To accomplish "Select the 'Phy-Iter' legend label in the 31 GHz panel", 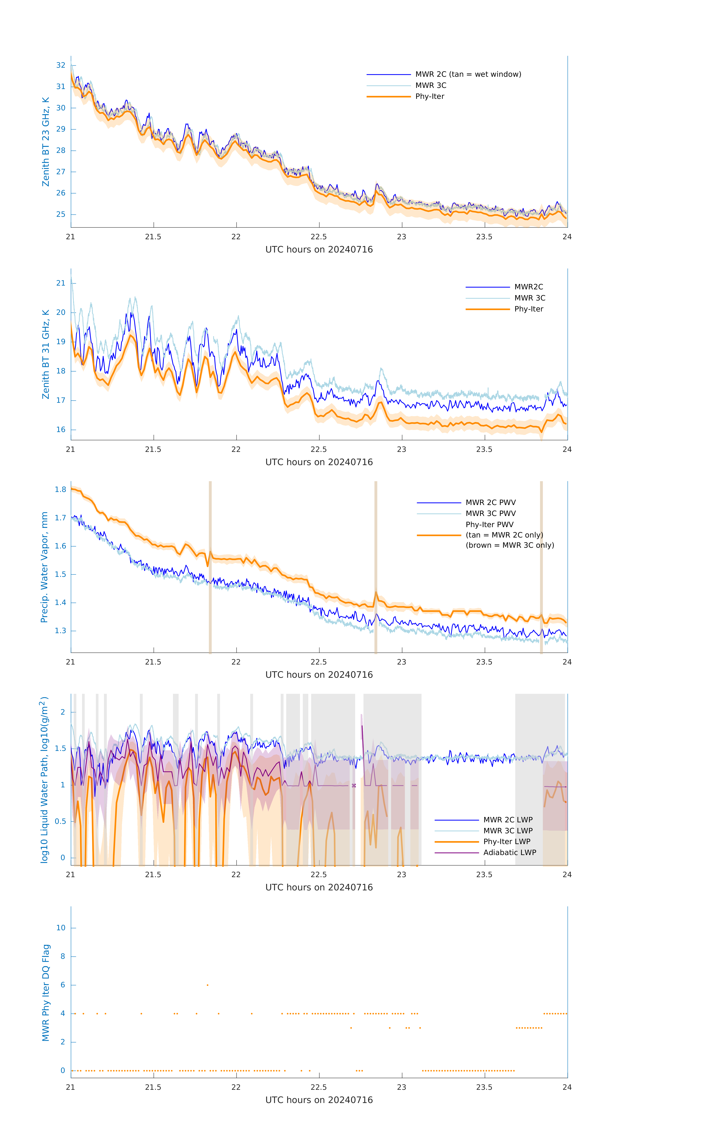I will [x=528, y=309].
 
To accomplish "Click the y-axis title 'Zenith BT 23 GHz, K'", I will [x=46, y=142].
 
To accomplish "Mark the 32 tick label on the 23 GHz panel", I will [x=61, y=65].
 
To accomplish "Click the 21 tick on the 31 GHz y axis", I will [x=61, y=283].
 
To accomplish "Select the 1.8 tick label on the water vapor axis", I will [x=60, y=489].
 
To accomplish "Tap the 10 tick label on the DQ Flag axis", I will [x=61, y=928].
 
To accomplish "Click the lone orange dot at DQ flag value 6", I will [x=207, y=985].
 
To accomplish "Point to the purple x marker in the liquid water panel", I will [x=354, y=785].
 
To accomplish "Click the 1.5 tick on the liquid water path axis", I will [x=60, y=748].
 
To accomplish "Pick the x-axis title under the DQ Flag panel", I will [x=319, y=1100].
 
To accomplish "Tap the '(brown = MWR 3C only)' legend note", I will [x=510, y=545].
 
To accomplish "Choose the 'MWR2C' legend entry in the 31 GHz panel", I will [x=528, y=287].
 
